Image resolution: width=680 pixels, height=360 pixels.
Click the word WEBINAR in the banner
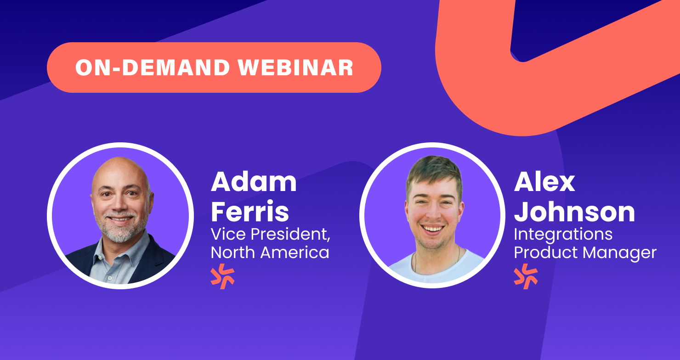[x=296, y=67]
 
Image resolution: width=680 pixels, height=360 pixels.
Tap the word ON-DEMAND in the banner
[x=153, y=67]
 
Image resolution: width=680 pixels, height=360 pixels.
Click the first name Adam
[x=254, y=182]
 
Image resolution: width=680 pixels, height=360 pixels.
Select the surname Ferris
[x=250, y=211]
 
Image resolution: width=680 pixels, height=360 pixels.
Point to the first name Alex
[x=544, y=182]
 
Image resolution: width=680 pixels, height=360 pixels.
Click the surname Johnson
[x=574, y=212]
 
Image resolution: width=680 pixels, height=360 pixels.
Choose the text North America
[x=270, y=253]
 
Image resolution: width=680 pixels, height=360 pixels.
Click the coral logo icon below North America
[x=222, y=276]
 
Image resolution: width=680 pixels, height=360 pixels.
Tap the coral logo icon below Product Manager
[x=526, y=276]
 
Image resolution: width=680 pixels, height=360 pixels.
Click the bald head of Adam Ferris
[x=121, y=171]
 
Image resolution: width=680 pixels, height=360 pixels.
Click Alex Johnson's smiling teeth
[x=433, y=228]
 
